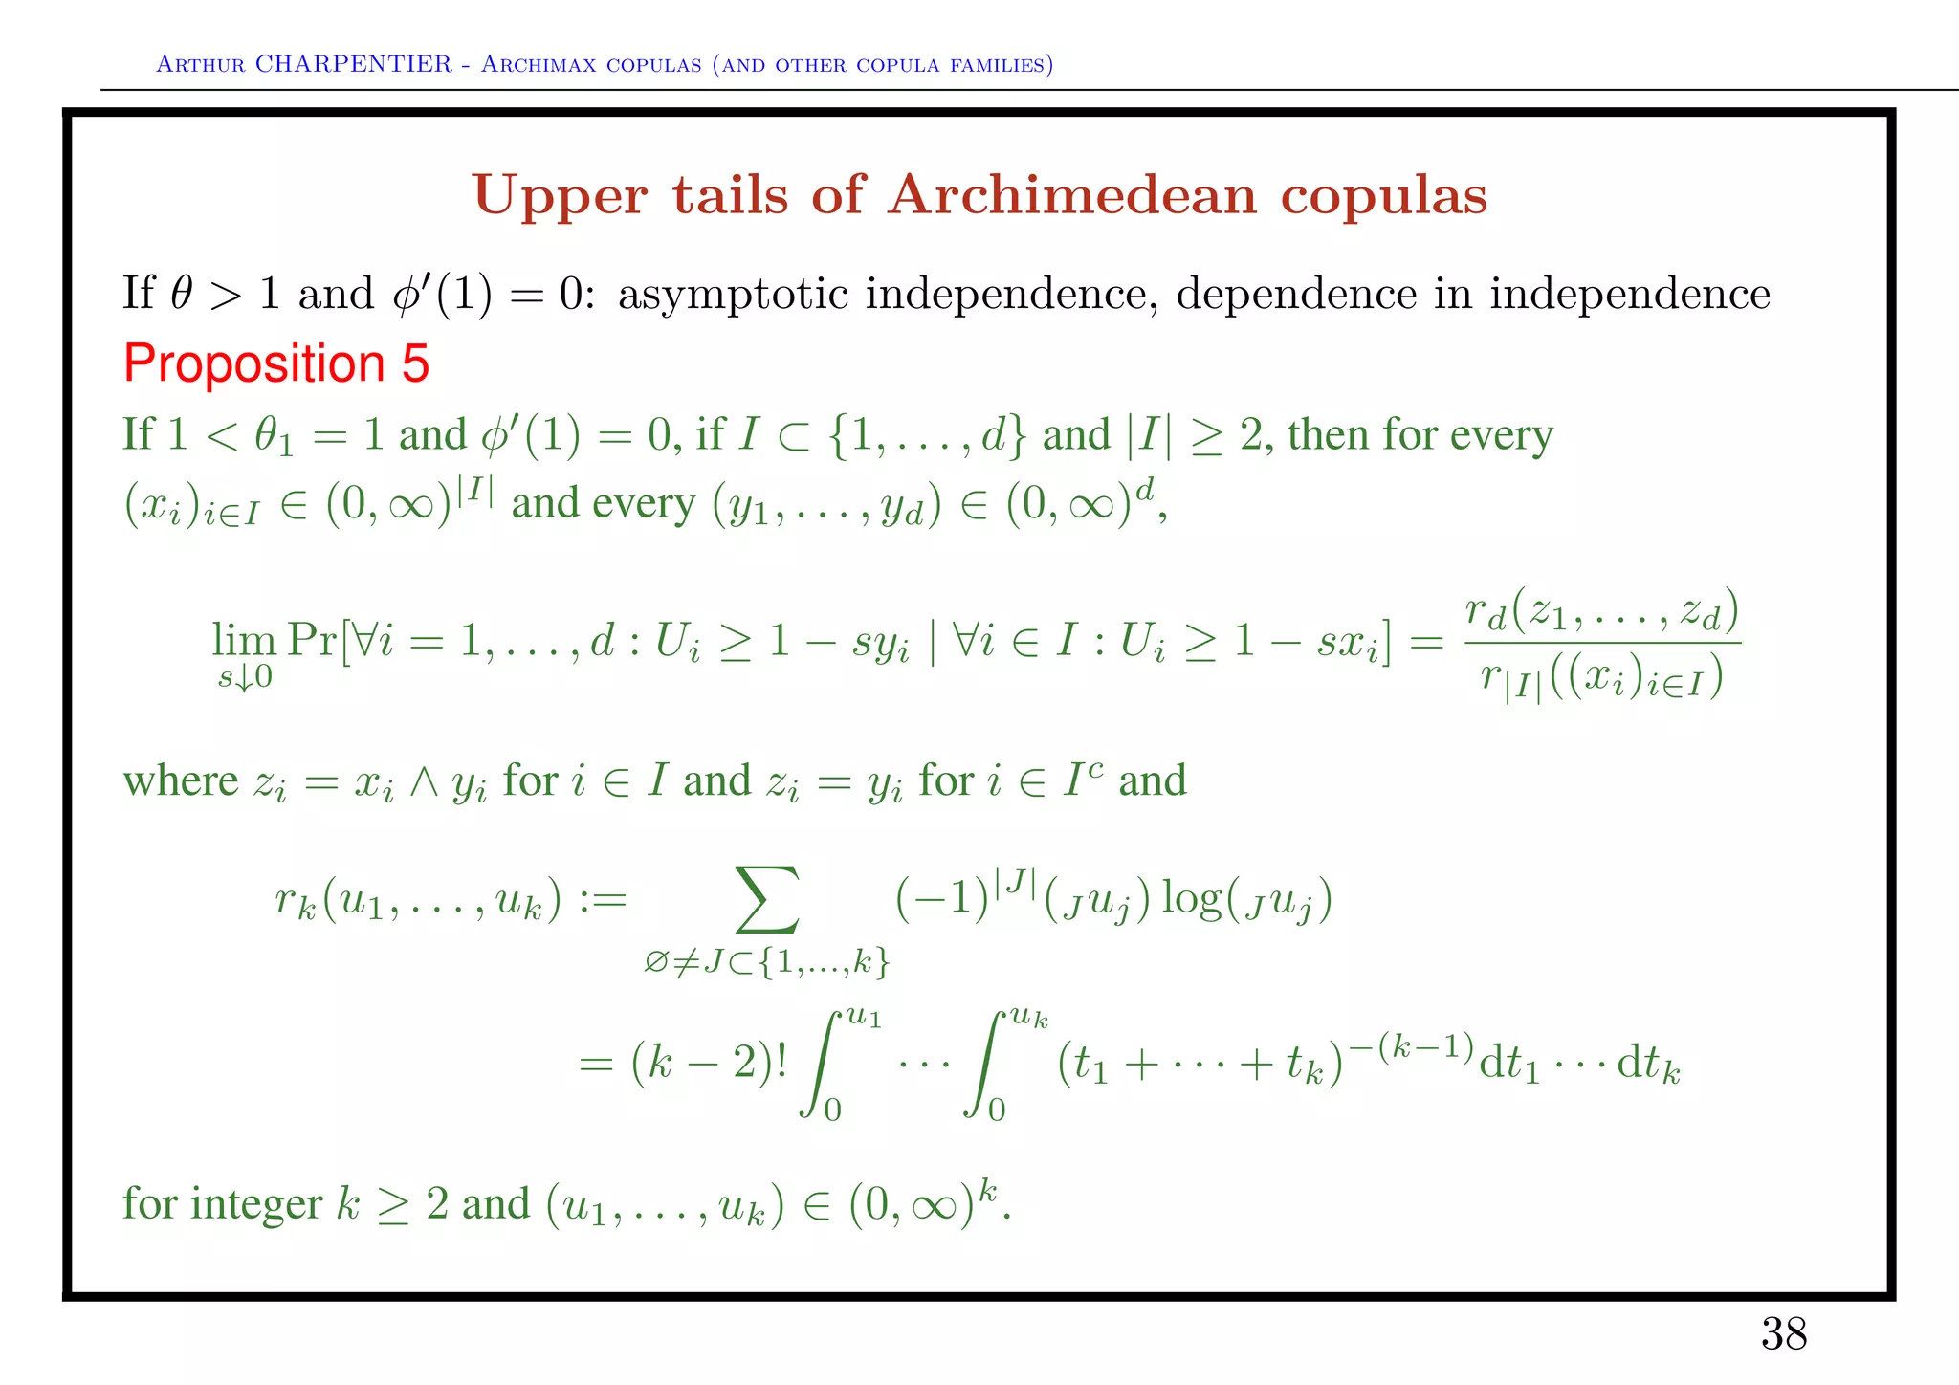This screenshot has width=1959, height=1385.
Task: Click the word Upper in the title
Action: tap(560, 196)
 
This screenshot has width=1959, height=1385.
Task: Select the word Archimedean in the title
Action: tap(1071, 195)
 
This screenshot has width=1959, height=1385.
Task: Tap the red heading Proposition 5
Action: tap(276, 363)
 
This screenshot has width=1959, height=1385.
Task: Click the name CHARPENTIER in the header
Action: tap(353, 64)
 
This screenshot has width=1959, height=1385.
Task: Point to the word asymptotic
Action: tap(733, 294)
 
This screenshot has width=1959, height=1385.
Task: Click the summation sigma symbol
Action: tap(766, 899)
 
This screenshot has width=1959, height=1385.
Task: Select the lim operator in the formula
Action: tap(244, 639)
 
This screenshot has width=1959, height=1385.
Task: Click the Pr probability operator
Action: tap(313, 639)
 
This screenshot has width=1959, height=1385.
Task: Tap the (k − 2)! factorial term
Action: tap(710, 1062)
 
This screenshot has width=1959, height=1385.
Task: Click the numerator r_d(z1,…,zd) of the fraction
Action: tap(1601, 612)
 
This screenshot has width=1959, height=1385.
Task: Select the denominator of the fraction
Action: tap(1601, 680)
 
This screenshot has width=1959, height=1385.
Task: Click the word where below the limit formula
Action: tap(180, 780)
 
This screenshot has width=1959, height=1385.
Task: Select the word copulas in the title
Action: tap(1383, 196)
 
